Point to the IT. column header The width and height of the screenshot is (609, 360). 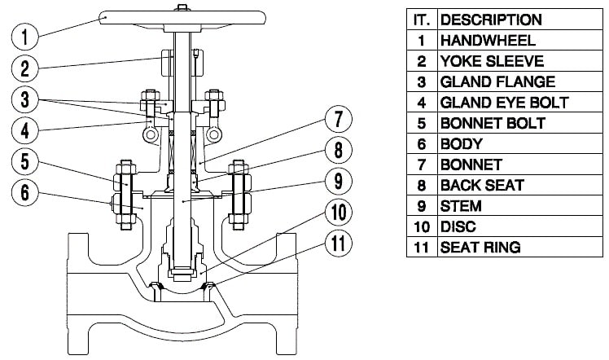coord(422,19)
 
